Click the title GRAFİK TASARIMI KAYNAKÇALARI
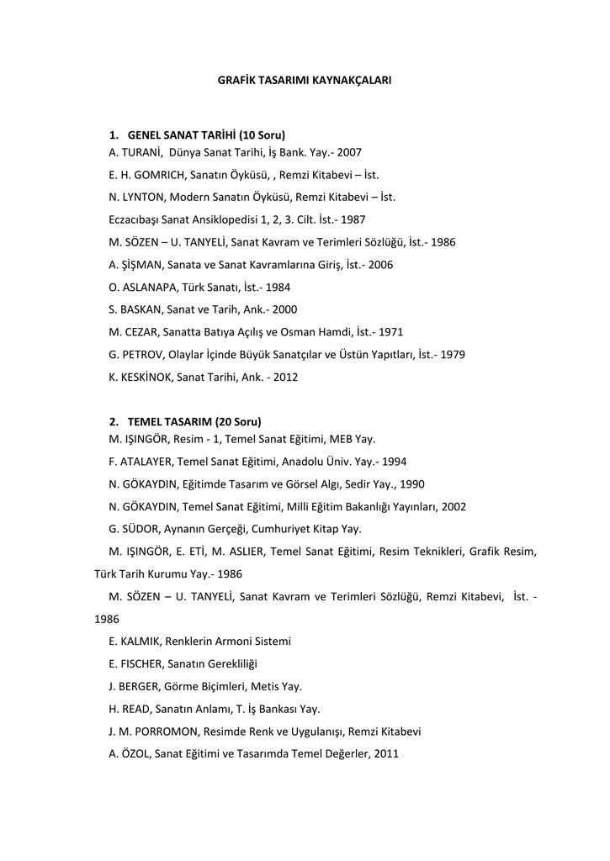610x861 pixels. point(305,81)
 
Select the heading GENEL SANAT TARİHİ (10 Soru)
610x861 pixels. point(206,135)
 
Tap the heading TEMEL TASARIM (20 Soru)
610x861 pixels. point(194,421)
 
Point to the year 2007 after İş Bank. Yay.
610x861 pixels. point(348,153)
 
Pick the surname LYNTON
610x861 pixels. point(144,198)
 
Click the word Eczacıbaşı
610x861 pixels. point(134,220)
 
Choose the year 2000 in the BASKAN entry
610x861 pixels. point(284,309)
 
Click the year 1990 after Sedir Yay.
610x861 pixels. point(411,484)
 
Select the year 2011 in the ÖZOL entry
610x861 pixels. point(385,754)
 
